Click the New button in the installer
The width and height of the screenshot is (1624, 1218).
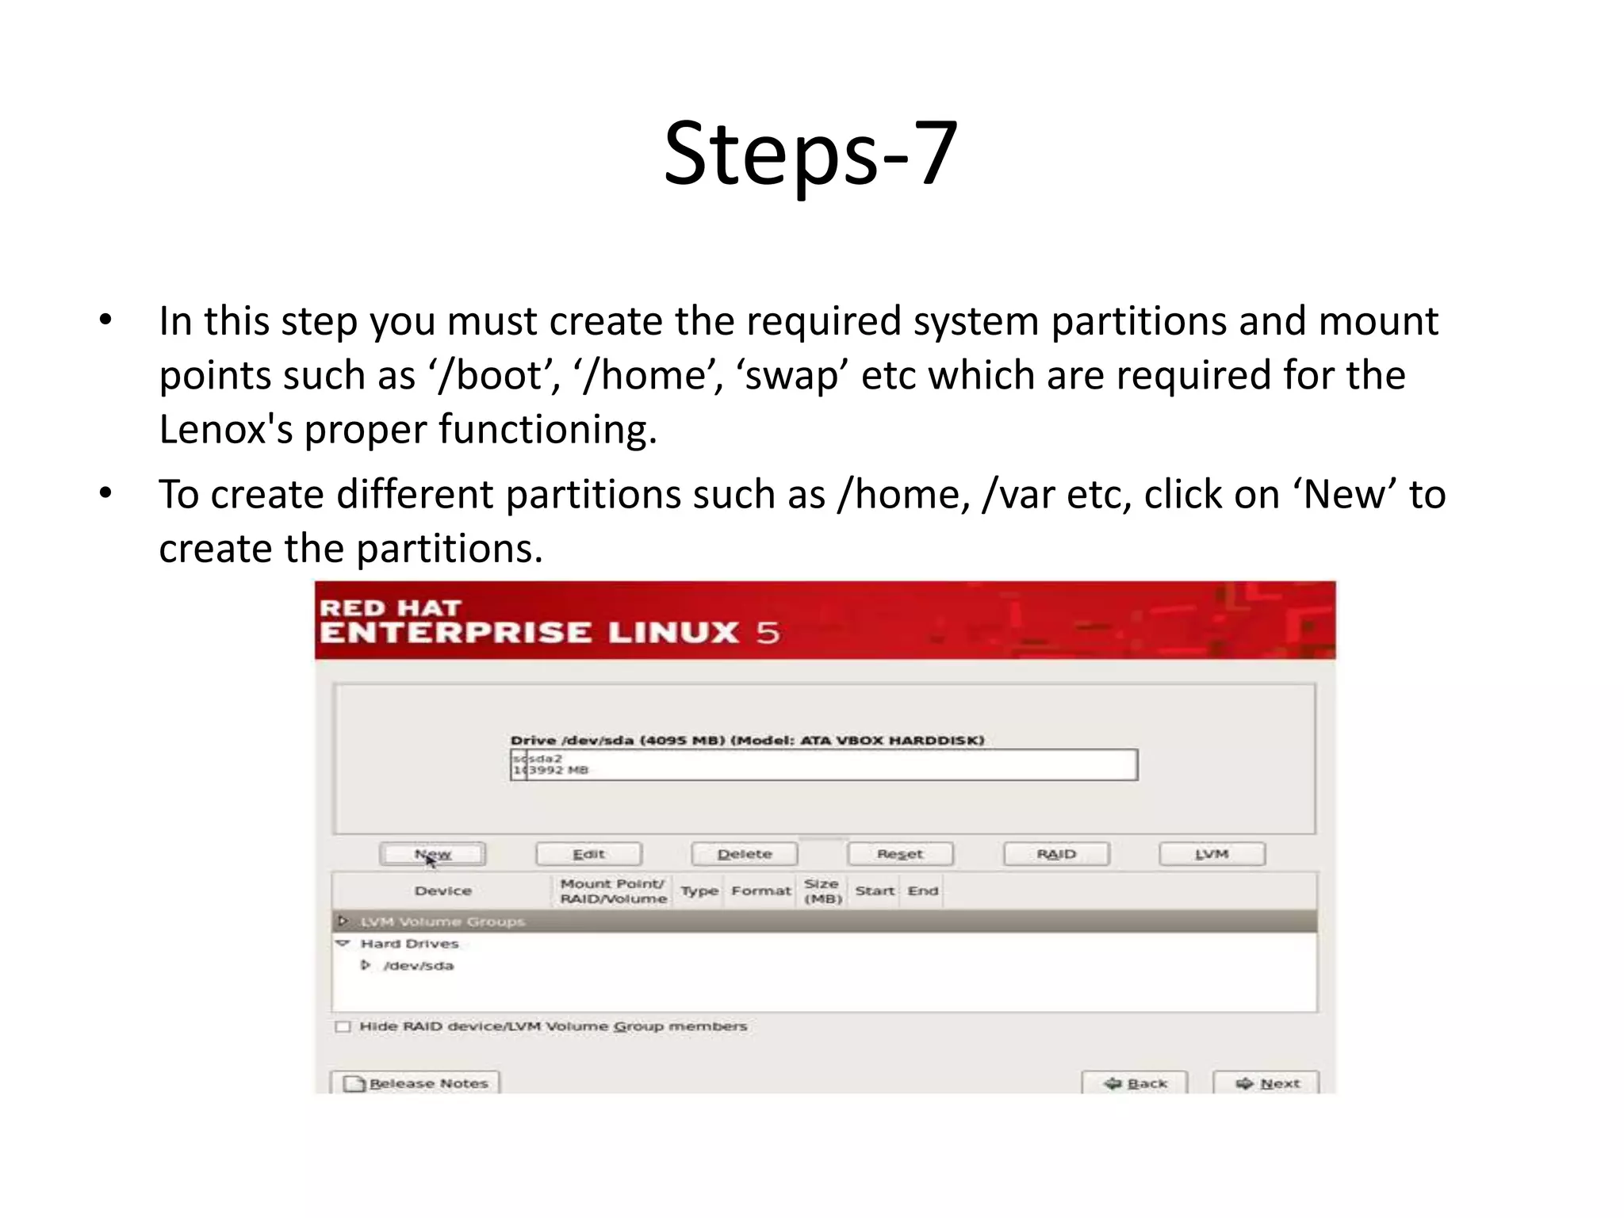coord(432,854)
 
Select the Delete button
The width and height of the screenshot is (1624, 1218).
coord(744,854)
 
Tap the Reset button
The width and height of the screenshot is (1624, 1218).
coord(900,854)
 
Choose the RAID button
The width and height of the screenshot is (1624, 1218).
coord(1056,854)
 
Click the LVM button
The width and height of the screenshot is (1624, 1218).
coord(1212,854)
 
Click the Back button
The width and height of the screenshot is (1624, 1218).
coord(1135,1083)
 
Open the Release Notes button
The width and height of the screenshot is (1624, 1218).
coord(416,1083)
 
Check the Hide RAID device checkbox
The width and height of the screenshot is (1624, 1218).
coord(343,1027)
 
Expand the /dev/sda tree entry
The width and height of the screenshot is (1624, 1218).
coord(366,965)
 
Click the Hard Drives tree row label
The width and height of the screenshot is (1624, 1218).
coord(409,944)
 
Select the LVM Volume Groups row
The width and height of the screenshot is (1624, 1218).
coord(442,921)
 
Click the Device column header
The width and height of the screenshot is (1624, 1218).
coord(442,891)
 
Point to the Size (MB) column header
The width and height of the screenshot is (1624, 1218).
coord(822,891)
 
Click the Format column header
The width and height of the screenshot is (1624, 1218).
coord(760,891)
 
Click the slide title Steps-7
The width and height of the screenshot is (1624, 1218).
coord(810,153)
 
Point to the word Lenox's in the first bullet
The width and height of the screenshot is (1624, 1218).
coord(225,430)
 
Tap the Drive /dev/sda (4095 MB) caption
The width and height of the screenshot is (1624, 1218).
coord(747,740)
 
